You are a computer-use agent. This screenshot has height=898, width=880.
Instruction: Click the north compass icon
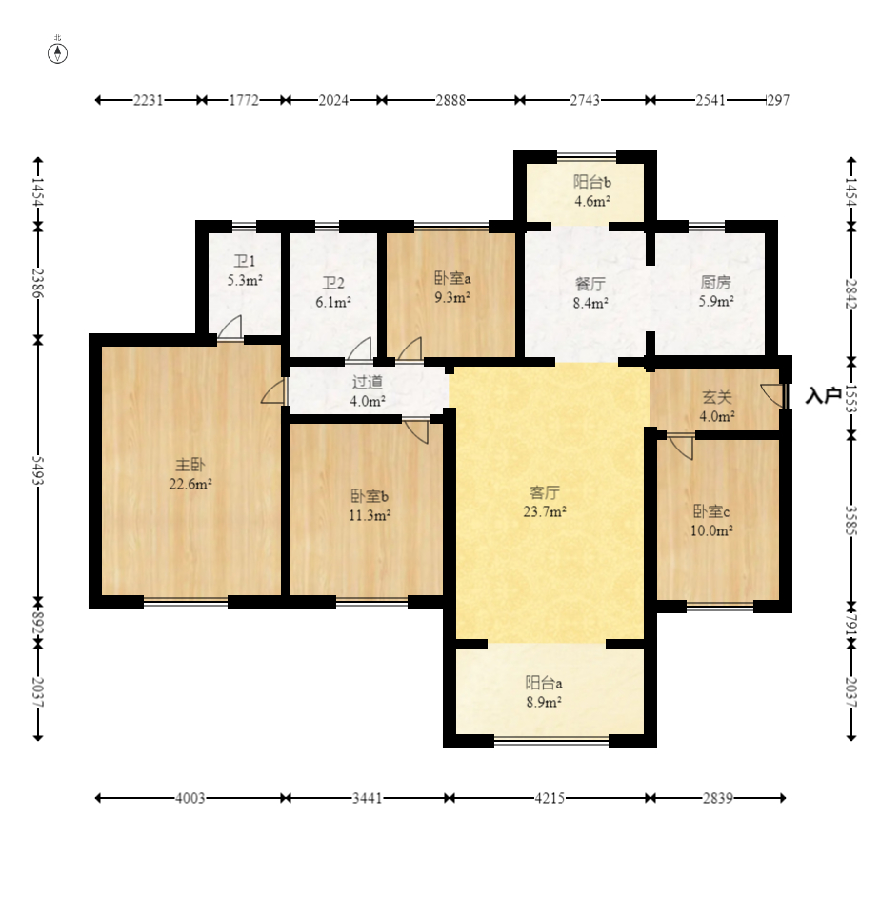click(57, 52)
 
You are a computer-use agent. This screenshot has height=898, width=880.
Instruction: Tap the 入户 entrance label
click(824, 395)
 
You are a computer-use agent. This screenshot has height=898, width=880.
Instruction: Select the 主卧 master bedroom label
click(190, 465)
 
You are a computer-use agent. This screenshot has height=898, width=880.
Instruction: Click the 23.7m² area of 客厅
click(545, 512)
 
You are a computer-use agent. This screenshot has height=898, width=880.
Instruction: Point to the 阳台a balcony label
click(544, 683)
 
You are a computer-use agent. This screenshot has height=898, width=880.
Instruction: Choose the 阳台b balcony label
click(591, 182)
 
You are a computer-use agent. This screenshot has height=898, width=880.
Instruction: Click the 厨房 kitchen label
click(715, 282)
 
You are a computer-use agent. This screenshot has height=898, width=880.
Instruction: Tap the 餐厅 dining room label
click(590, 284)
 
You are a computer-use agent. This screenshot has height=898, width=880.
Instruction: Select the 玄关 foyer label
click(717, 397)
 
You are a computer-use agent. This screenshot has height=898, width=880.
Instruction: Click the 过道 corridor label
click(368, 382)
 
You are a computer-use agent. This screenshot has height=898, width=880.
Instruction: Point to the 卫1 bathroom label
click(245, 261)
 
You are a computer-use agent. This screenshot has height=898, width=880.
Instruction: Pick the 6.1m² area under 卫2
click(333, 303)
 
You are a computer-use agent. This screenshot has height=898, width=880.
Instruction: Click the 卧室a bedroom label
click(452, 278)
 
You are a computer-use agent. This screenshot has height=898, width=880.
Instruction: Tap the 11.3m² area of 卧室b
click(370, 515)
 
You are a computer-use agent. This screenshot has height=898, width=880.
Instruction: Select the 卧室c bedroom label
click(711, 510)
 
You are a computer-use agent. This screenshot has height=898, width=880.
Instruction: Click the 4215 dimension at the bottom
click(550, 798)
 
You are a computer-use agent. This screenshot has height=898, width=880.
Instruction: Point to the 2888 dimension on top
click(450, 100)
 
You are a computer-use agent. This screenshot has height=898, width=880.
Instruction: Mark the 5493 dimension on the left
click(38, 470)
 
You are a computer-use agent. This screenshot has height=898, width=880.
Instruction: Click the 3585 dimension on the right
click(851, 521)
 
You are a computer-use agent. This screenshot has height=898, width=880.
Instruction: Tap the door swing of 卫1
click(230, 327)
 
